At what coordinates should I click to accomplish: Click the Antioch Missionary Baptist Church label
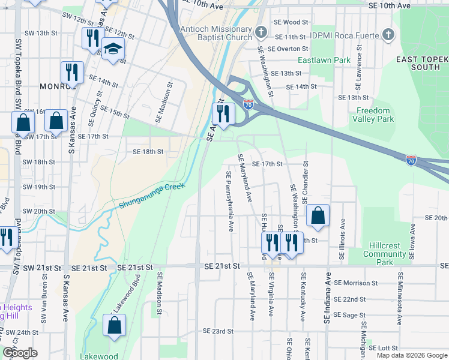215,34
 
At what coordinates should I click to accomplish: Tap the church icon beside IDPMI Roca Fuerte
388,34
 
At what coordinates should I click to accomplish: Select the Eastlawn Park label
324,60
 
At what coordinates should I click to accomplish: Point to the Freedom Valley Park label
375,115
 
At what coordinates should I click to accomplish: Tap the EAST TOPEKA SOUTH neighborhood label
423,63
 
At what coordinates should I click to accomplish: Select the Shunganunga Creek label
149,196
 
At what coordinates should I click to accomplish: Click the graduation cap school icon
112,50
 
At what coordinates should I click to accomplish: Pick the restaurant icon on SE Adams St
223,113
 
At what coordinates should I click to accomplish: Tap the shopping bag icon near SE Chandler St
318,216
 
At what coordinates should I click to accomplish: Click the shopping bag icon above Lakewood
114,326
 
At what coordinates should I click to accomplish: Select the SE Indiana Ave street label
328,298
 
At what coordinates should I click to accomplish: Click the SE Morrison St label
355,283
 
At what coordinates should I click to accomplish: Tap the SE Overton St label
288,49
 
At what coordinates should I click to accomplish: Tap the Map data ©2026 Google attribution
412,355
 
